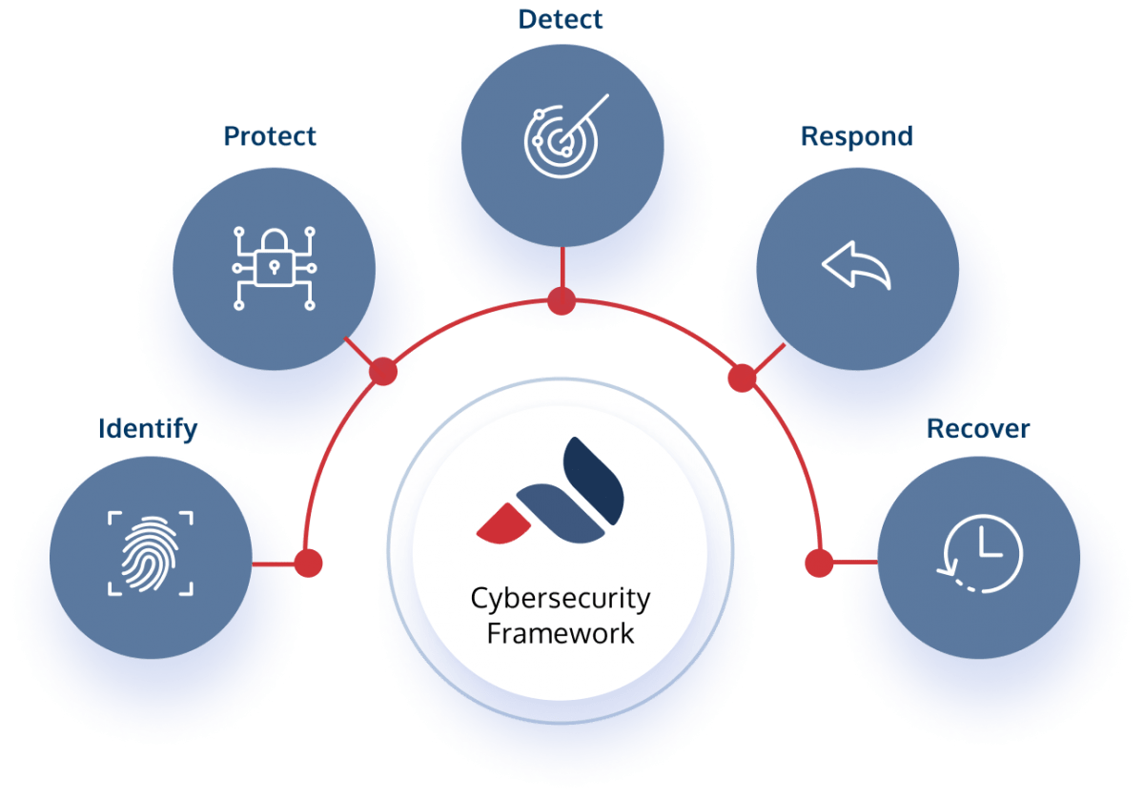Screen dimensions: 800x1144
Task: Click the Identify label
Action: pyautogui.click(x=147, y=429)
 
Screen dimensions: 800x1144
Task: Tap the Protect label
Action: pyautogui.click(x=270, y=136)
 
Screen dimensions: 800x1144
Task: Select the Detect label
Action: pyautogui.click(x=562, y=19)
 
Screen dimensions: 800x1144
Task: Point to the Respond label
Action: pyautogui.click(x=856, y=136)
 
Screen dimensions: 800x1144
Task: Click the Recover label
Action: pyautogui.click(x=978, y=429)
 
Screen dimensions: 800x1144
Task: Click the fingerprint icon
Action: pyautogui.click(x=151, y=553)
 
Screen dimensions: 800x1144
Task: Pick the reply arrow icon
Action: pyautogui.click(x=856, y=265)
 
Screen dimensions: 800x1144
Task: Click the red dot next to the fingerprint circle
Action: pyautogui.click(x=308, y=564)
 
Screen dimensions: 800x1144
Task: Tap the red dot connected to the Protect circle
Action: pyautogui.click(x=382, y=372)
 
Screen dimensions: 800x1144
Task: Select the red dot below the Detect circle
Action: pyautogui.click(x=562, y=301)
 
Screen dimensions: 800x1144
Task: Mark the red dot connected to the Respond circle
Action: pyautogui.click(x=742, y=379)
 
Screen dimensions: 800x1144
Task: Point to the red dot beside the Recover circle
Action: pyautogui.click(x=818, y=563)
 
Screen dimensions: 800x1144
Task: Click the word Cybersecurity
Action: pyautogui.click(x=560, y=600)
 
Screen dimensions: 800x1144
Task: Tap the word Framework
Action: pyautogui.click(x=560, y=633)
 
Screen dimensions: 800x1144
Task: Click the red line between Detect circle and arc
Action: pyautogui.click(x=562, y=269)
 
